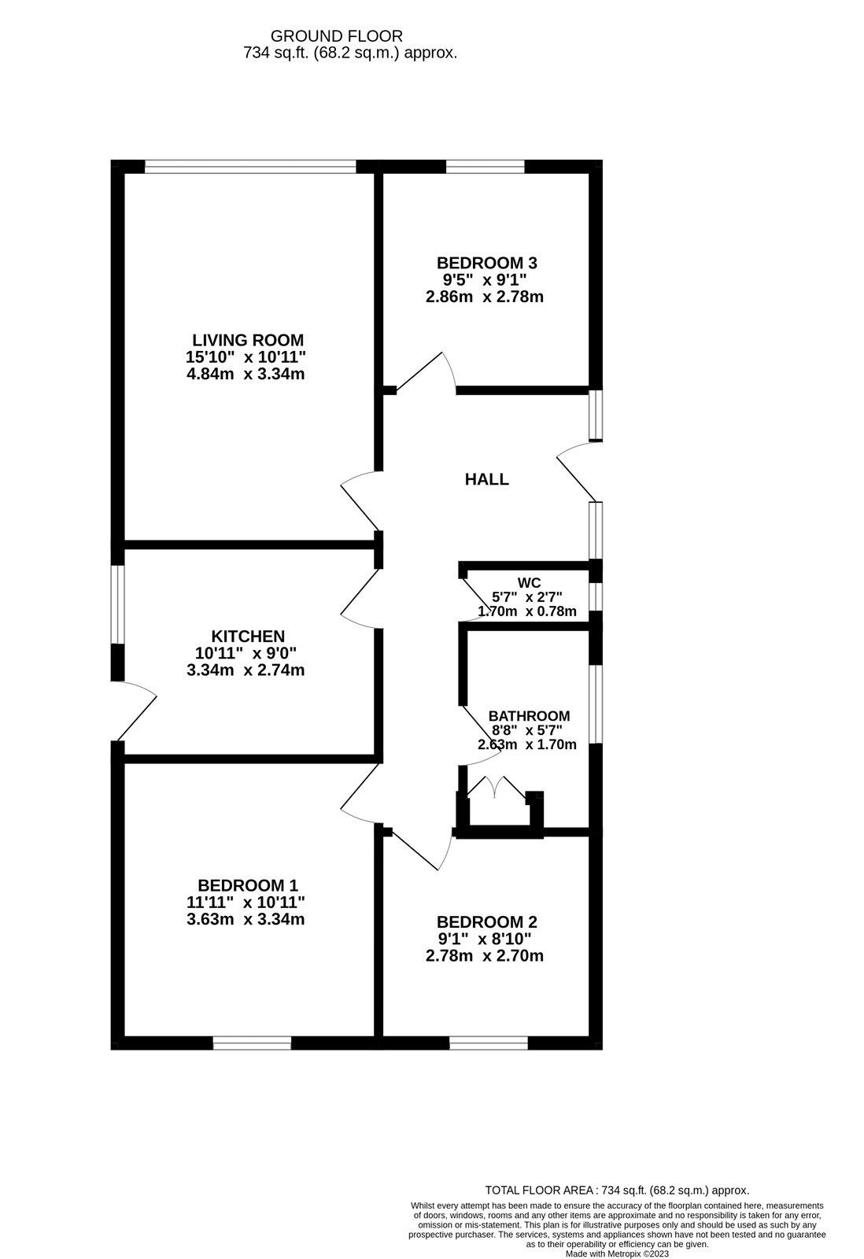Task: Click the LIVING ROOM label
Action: click(248, 340)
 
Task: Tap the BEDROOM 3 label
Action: click(486, 263)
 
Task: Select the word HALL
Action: click(487, 479)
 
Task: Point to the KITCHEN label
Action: click(248, 636)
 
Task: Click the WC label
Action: click(529, 583)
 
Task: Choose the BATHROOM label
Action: click(529, 716)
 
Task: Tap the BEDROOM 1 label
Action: click(248, 885)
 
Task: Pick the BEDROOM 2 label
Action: click(486, 922)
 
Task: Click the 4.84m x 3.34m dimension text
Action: click(246, 375)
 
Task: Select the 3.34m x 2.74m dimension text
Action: click(246, 670)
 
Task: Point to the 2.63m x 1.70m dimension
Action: click(527, 744)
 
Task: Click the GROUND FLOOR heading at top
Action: click(336, 36)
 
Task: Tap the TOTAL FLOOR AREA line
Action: click(617, 1191)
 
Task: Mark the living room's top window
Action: click(250, 166)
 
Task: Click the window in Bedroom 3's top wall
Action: click(485, 166)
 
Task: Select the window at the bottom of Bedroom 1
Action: click(252, 1043)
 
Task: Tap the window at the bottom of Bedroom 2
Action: click(489, 1043)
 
